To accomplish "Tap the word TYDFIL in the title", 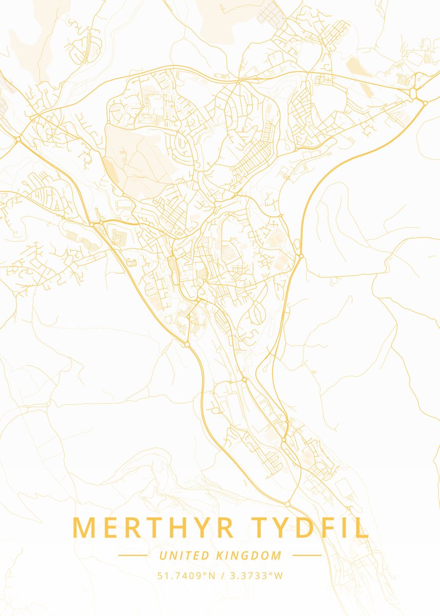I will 310,528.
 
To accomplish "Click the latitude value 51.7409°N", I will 186,575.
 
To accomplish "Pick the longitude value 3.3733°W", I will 255,575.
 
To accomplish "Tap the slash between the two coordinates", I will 221,575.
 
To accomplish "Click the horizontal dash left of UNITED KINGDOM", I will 132,555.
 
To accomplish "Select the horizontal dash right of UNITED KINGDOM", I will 307,555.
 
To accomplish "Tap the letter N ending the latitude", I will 211,575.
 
